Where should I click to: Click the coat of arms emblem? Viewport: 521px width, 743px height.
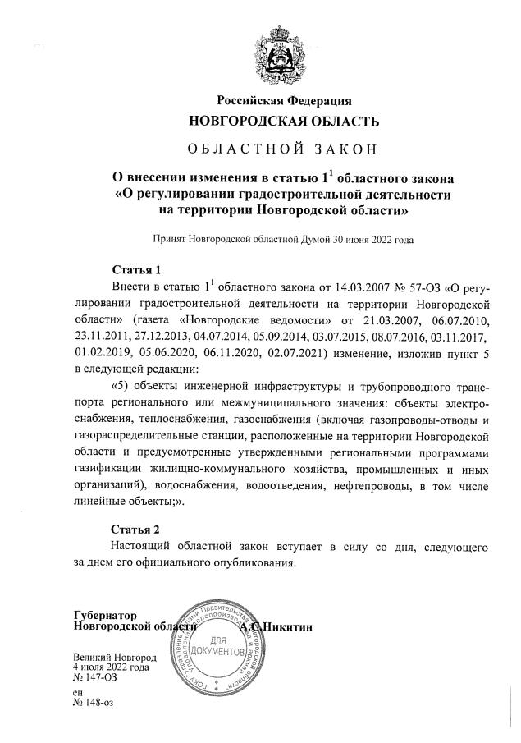[284, 53]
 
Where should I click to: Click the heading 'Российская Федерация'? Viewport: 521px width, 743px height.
[284, 101]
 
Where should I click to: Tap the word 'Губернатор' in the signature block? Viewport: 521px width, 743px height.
[103, 615]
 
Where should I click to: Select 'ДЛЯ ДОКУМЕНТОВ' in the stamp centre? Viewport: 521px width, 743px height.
[217, 644]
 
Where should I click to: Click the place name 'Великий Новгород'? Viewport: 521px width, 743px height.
[114, 658]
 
